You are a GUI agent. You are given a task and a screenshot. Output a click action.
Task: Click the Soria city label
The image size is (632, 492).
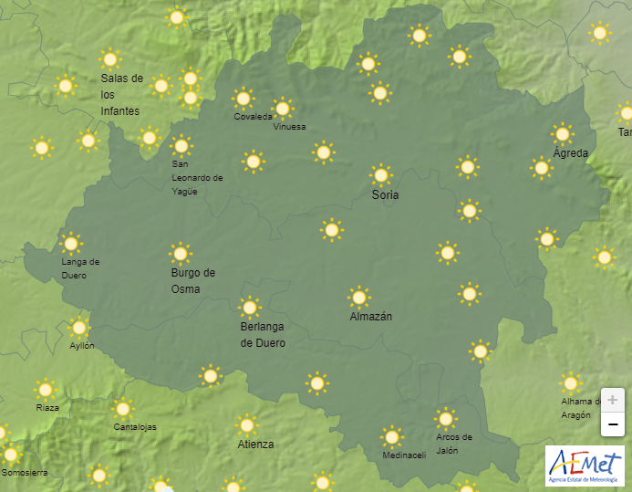(x=385, y=195)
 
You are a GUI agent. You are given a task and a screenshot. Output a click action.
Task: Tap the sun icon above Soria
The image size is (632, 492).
(x=381, y=174)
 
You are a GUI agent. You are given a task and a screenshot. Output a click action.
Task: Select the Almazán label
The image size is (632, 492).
(x=371, y=317)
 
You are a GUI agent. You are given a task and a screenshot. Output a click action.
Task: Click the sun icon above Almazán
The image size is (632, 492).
(x=359, y=297)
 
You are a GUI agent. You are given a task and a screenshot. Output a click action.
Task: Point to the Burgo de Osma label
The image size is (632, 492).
(x=192, y=281)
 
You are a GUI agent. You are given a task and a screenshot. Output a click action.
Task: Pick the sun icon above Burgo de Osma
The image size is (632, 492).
(x=181, y=253)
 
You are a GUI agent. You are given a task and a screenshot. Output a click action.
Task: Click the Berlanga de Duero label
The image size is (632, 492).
(x=263, y=335)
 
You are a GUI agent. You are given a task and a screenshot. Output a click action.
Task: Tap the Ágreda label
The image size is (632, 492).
(x=571, y=153)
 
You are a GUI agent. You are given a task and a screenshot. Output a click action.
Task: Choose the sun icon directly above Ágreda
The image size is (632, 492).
(x=563, y=133)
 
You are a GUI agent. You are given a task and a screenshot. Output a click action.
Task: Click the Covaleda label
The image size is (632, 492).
(x=253, y=117)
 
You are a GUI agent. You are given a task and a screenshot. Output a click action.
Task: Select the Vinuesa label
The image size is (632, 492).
(x=289, y=127)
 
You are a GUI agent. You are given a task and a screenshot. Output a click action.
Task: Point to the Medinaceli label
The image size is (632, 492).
(x=404, y=455)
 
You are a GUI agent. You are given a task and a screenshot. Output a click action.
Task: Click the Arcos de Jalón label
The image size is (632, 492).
(x=454, y=444)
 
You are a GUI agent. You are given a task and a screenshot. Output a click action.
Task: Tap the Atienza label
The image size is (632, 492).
(x=255, y=445)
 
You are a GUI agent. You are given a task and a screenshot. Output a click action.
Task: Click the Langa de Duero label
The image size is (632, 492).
(x=80, y=268)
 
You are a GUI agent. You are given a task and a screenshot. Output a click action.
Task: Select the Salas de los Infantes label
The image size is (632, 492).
(x=121, y=94)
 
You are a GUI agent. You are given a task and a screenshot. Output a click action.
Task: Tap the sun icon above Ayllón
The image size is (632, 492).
(x=79, y=327)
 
